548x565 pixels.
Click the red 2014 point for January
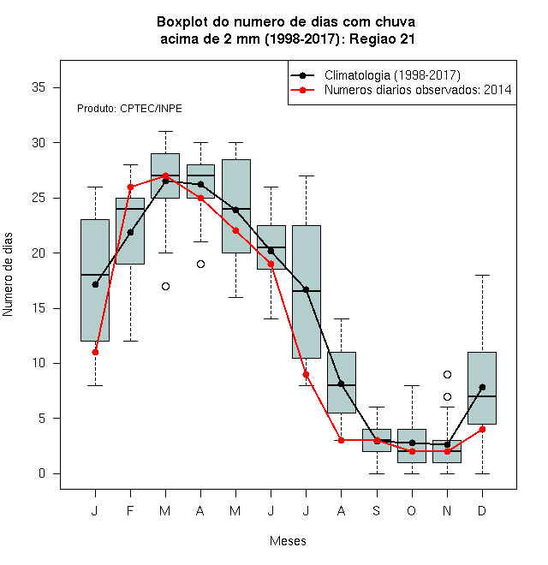[95, 352]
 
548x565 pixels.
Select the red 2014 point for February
[130, 187]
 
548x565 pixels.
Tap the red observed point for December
[482, 429]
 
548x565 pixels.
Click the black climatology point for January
[95, 285]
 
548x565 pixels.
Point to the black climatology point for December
[482, 387]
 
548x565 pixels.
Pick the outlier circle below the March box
[165, 287]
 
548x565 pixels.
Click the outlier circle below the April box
[201, 265]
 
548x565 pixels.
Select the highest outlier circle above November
[448, 374]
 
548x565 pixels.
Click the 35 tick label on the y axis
[39, 87]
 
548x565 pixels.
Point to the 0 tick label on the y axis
[42, 473]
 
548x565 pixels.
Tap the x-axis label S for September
[377, 510]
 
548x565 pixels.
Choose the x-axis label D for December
[482, 510]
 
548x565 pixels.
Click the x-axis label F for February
[130, 510]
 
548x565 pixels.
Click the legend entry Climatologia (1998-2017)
[392, 75]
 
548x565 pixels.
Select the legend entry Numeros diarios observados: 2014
[418, 90]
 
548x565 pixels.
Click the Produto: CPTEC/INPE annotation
[129, 109]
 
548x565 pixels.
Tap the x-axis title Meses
[288, 541]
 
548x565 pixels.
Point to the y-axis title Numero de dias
[8, 275]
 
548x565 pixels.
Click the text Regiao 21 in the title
[382, 39]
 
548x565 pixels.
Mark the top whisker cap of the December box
[482, 276]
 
